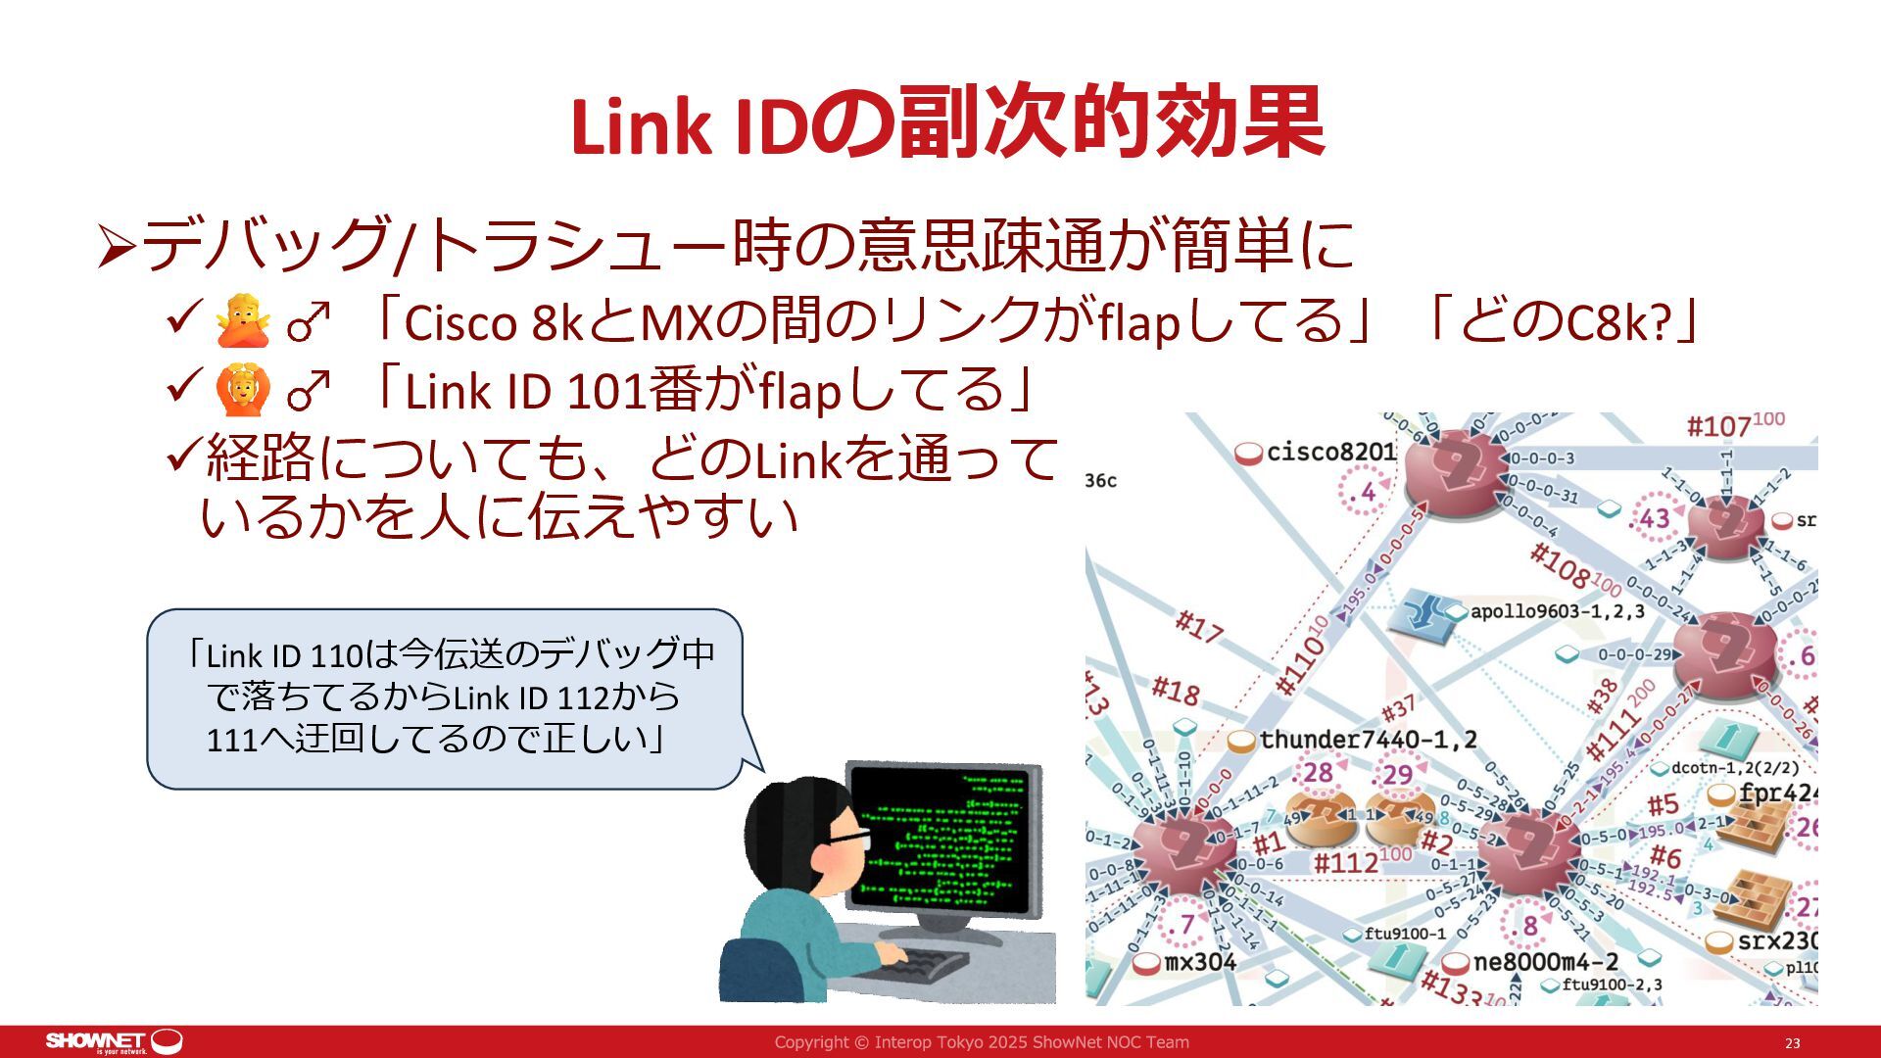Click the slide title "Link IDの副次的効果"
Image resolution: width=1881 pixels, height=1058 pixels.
tap(946, 124)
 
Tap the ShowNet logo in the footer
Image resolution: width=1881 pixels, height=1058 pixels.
tap(114, 1040)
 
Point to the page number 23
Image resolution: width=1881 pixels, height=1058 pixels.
tap(1792, 1043)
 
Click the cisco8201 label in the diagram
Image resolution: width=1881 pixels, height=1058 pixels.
tap(1329, 452)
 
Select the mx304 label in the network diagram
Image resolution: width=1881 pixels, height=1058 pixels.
tap(1199, 962)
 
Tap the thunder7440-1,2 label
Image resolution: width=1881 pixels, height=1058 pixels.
tap(1368, 740)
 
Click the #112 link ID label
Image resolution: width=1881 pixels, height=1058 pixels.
tap(1346, 862)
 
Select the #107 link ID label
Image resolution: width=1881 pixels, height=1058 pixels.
tap(1718, 426)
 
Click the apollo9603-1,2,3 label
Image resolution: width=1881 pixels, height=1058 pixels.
tap(1557, 611)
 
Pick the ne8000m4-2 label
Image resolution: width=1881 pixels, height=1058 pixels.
tap(1545, 962)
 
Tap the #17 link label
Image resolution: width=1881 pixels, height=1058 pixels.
tap(1198, 627)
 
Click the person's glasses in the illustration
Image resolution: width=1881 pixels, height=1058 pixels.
tap(846, 838)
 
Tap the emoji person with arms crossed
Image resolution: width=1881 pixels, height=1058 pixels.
tap(242, 322)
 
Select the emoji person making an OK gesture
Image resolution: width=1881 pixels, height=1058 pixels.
tap(242, 390)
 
